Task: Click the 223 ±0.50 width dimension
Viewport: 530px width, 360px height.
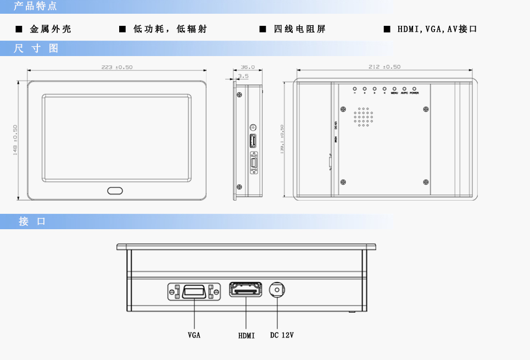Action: click(116, 67)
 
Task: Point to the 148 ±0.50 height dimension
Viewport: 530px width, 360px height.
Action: click(15, 140)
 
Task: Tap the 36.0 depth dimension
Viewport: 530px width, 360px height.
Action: click(248, 67)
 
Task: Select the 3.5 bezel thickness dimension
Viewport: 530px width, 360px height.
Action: click(243, 76)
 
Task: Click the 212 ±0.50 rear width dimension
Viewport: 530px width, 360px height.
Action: click(384, 67)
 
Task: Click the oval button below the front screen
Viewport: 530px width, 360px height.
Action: click(115, 191)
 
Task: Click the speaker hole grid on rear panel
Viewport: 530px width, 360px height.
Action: click(362, 117)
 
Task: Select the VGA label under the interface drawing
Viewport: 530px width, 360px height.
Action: click(194, 335)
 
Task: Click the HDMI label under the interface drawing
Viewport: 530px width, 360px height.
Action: click(247, 335)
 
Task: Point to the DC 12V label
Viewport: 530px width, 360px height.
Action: click(282, 335)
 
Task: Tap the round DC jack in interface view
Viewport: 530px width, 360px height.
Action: click(278, 289)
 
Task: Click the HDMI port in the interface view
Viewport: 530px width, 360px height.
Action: click(246, 289)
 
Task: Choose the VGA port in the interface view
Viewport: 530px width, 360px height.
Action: click(194, 291)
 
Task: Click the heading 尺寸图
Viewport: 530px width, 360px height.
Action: click(36, 48)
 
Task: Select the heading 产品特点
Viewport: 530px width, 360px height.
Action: click(35, 7)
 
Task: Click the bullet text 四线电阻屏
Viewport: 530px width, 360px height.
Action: click(299, 29)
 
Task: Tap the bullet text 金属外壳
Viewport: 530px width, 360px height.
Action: click(51, 29)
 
